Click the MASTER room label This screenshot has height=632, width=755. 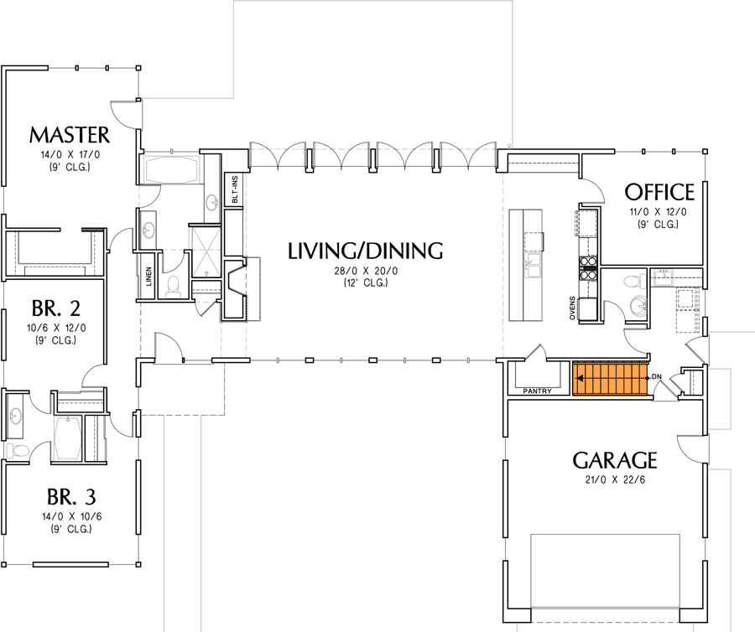69,135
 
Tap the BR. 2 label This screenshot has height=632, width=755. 56,307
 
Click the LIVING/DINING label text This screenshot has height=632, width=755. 364,250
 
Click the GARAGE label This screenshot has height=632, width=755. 614,460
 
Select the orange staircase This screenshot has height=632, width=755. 611,378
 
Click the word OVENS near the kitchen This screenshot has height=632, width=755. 572,307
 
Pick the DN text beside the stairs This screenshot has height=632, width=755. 657,377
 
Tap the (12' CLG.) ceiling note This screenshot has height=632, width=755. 364,282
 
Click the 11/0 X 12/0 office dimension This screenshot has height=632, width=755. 659,212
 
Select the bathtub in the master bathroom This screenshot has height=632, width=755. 172,173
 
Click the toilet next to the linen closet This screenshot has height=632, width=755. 174,287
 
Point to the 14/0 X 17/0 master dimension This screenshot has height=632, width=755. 69,154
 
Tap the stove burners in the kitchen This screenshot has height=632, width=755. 587,266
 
